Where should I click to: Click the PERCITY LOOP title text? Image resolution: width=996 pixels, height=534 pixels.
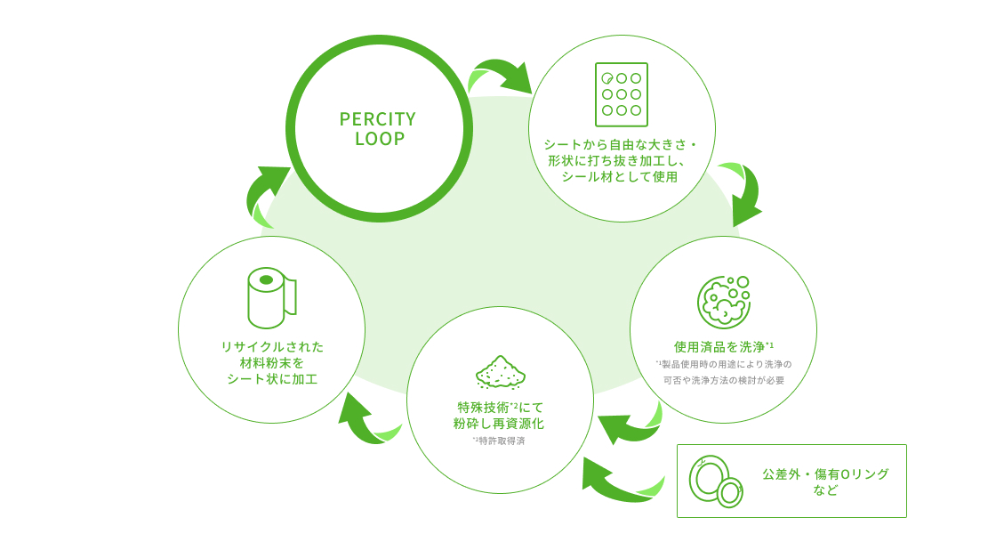[378, 129]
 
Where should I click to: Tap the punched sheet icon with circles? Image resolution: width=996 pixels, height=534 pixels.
[622, 94]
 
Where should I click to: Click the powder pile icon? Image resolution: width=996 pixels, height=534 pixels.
[501, 372]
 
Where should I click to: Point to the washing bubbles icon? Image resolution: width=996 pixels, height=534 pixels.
[724, 301]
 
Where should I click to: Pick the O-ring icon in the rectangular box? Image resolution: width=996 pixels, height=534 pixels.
[716, 481]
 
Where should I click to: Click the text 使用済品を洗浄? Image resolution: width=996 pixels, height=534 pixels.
[719, 346]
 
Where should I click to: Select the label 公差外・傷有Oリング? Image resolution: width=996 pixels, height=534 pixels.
[825, 473]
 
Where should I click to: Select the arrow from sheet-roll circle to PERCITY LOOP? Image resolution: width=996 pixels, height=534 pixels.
[266, 193]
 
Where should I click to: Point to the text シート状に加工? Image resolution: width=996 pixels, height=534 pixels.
[271, 379]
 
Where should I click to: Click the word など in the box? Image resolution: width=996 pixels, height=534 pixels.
[825, 490]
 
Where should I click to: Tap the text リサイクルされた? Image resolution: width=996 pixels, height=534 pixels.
[271, 346]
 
